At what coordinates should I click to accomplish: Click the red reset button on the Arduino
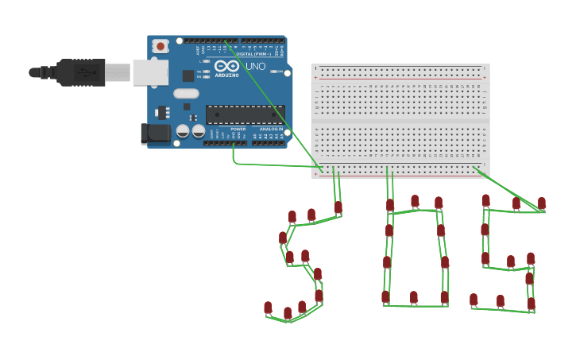click(x=160, y=46)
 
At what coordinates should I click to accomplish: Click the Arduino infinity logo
click(x=226, y=67)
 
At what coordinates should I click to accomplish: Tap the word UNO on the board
click(x=255, y=67)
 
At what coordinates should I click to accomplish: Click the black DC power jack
click(x=154, y=134)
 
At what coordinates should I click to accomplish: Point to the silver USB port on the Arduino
click(x=150, y=72)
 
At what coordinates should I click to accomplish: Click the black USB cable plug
click(x=80, y=72)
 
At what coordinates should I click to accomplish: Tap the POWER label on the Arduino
click(x=238, y=129)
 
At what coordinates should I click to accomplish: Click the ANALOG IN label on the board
click(x=273, y=129)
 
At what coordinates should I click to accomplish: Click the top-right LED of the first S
click(x=338, y=207)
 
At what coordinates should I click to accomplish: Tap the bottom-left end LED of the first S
click(x=268, y=308)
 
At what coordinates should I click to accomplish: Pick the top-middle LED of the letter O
click(x=415, y=201)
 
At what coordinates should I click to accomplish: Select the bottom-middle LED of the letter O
click(x=414, y=297)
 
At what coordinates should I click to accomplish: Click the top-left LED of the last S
click(x=485, y=201)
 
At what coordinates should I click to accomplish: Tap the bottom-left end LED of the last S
click(x=474, y=300)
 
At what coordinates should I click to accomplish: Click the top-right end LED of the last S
click(x=542, y=203)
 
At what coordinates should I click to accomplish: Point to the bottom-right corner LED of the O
click(x=444, y=298)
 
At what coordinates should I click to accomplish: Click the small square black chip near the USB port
click(x=188, y=75)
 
